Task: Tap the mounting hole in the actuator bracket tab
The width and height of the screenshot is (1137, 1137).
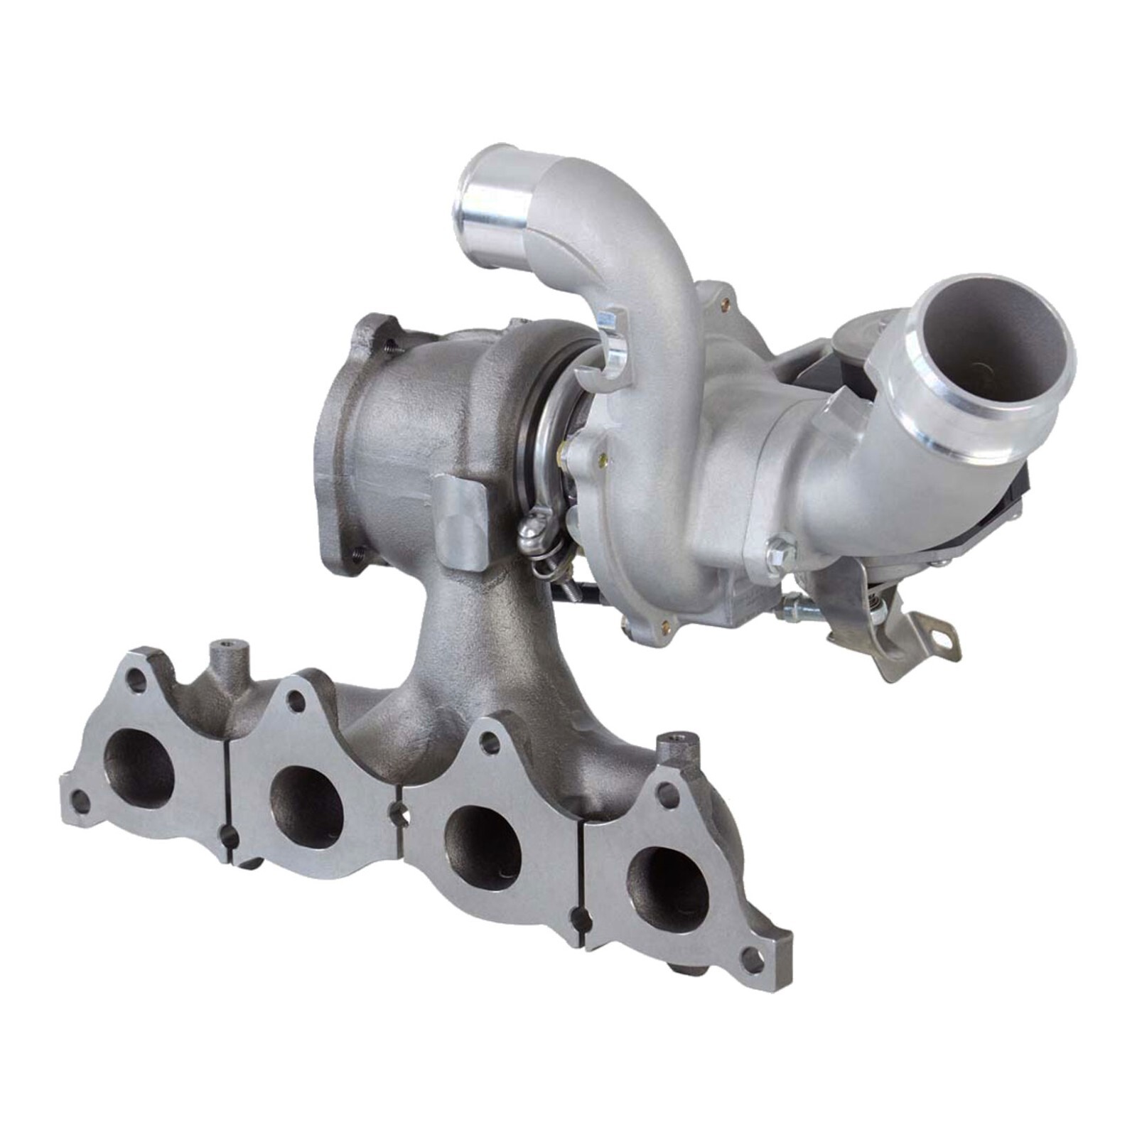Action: point(943,637)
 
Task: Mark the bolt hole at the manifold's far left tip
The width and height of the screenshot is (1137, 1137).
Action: point(80,802)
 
